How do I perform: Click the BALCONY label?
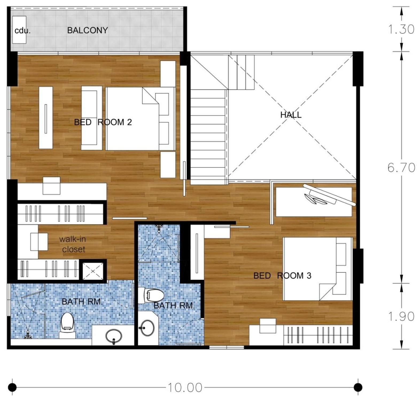(x=87, y=30)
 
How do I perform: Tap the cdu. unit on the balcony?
(x=19, y=30)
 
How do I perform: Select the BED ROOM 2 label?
(x=103, y=122)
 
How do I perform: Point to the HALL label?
(x=291, y=115)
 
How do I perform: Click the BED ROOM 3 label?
(x=282, y=276)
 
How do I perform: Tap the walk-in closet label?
(x=72, y=244)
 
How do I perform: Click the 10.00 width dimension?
(x=185, y=387)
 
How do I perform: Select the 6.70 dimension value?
(x=401, y=168)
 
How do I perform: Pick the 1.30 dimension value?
(x=401, y=29)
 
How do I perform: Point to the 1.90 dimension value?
(x=401, y=317)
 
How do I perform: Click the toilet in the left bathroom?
(x=67, y=325)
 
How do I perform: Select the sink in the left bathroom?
(x=114, y=336)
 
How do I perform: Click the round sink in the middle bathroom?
(x=147, y=328)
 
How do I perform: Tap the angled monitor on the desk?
(x=329, y=195)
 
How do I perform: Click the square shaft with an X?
(x=93, y=271)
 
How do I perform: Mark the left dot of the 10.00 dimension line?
(x=12, y=387)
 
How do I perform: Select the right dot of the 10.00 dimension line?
(x=358, y=387)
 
